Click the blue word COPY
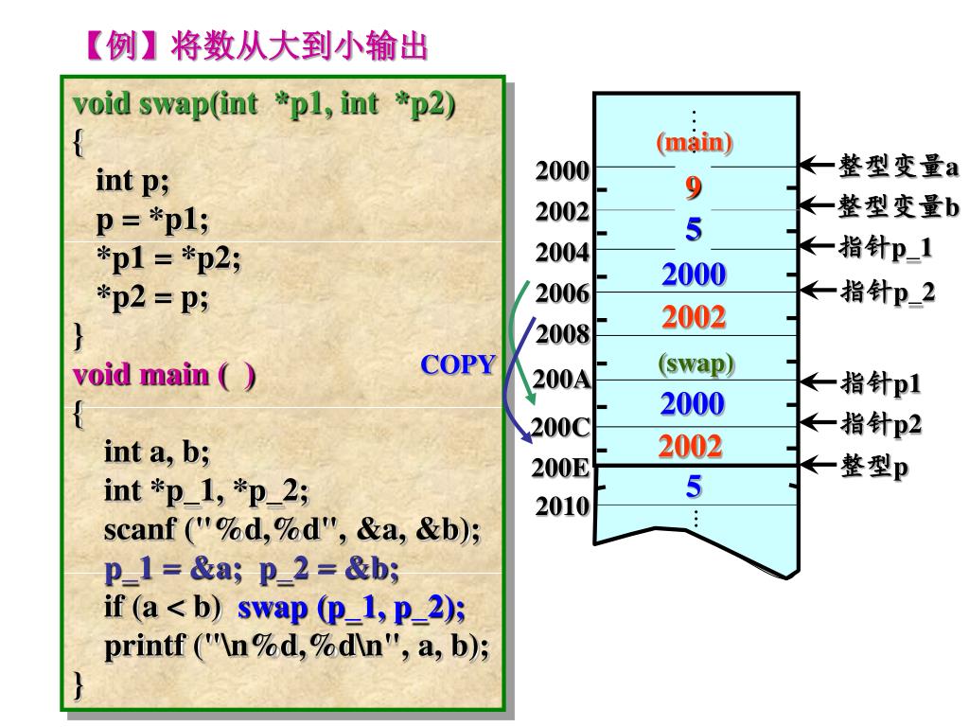[458, 365]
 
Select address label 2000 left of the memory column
[563, 171]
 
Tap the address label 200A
[562, 380]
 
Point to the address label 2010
[563, 506]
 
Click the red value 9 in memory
[694, 187]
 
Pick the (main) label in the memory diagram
[695, 143]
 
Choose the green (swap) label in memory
[696, 363]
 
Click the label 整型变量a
[898, 167]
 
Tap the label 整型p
[874, 467]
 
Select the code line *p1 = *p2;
[168, 257]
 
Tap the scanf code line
[291, 530]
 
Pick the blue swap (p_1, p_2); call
[351, 607]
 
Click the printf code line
[296, 647]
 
